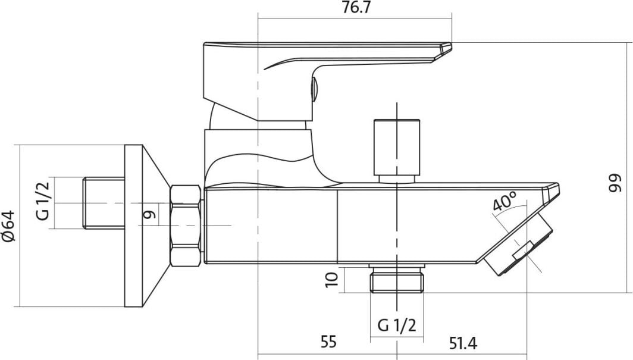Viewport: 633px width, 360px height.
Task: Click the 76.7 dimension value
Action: pos(356,8)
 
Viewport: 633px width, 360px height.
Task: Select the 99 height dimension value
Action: pos(615,183)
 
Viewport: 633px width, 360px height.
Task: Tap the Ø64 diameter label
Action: pos(9,226)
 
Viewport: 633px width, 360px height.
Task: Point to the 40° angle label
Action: pos(504,201)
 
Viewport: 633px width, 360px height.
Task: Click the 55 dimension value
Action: pos(328,342)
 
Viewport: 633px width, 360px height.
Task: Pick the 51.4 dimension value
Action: pos(463,343)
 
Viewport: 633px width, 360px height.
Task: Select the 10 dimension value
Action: pos(331,279)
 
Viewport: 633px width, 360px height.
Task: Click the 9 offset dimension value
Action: pos(149,214)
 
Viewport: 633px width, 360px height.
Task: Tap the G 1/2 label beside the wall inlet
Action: pos(43,201)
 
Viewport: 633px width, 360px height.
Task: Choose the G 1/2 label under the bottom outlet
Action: pos(396,325)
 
